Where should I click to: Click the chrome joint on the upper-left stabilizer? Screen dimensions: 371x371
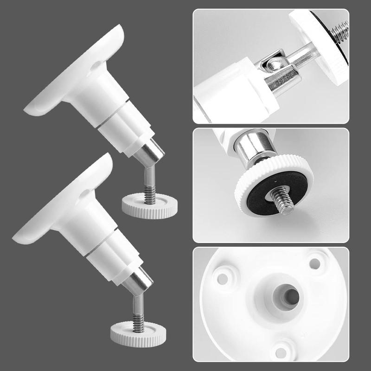point(151,153)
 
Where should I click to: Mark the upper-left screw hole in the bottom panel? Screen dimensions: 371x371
point(223,279)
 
